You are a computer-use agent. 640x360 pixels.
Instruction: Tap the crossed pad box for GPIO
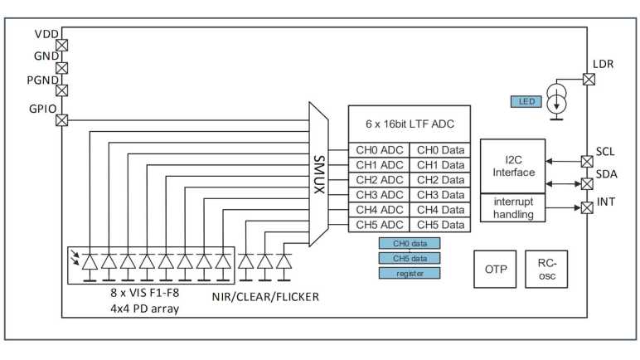pyautogui.click(x=61, y=120)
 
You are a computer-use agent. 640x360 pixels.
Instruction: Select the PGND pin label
pyautogui.click(x=41, y=82)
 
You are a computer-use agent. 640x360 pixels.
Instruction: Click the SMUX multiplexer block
pyautogui.click(x=318, y=175)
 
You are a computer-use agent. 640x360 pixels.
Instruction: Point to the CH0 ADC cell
pyautogui.click(x=379, y=150)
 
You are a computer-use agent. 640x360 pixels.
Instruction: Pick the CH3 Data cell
pyautogui.click(x=439, y=195)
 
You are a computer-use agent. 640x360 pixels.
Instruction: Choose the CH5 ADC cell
pyautogui.click(x=379, y=225)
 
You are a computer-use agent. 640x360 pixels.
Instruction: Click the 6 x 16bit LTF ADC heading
pyautogui.click(x=409, y=124)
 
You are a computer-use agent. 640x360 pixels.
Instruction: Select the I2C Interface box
pyautogui.click(x=513, y=166)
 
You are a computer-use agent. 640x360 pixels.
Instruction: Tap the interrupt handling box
pyautogui.click(x=513, y=207)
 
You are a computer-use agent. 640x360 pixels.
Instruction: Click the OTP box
pyautogui.click(x=495, y=270)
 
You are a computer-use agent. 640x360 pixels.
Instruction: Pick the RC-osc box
pyautogui.click(x=547, y=270)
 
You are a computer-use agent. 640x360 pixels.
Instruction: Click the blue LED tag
pyautogui.click(x=526, y=102)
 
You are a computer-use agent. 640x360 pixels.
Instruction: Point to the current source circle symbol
pyautogui.click(x=557, y=101)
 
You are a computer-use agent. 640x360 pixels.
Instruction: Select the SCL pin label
pyautogui.click(x=606, y=153)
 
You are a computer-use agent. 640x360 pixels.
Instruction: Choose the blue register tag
pyautogui.click(x=410, y=273)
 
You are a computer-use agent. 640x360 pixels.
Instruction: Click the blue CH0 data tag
pyautogui.click(x=410, y=243)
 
